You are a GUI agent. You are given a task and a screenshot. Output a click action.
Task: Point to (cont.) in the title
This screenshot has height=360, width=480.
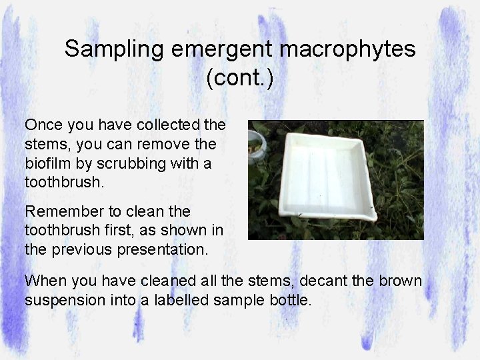pos(240,78)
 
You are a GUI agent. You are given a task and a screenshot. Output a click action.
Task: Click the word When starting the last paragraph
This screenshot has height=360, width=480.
pos(43,281)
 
